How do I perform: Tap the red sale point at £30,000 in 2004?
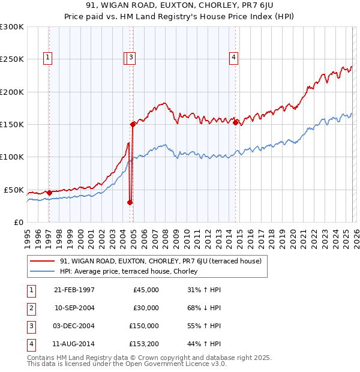(130, 203)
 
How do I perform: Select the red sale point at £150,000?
(133, 124)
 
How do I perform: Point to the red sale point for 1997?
(49, 193)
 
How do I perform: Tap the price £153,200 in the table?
(144, 344)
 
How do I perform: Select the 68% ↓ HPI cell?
(204, 308)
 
